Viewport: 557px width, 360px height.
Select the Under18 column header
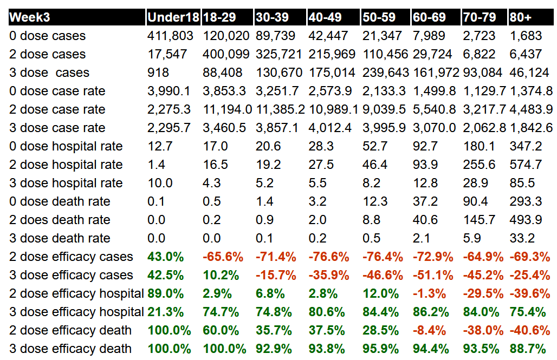pos(173,17)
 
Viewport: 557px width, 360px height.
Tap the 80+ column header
pos(520,17)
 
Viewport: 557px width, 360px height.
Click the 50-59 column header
pos(379,17)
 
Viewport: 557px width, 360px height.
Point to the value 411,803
pos(170,36)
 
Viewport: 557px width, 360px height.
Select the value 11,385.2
pos(279,109)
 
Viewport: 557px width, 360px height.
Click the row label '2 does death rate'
pos(60,220)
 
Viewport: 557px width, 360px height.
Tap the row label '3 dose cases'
pos(49,73)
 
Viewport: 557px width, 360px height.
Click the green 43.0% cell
pos(165,257)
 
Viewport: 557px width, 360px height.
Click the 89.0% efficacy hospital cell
pos(165,293)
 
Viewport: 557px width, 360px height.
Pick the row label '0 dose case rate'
pos(57,91)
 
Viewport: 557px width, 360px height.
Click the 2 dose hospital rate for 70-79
pos(477,165)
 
